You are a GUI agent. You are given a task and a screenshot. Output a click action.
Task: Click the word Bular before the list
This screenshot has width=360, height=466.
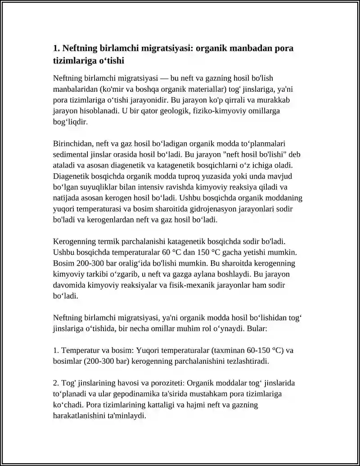point(257,329)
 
